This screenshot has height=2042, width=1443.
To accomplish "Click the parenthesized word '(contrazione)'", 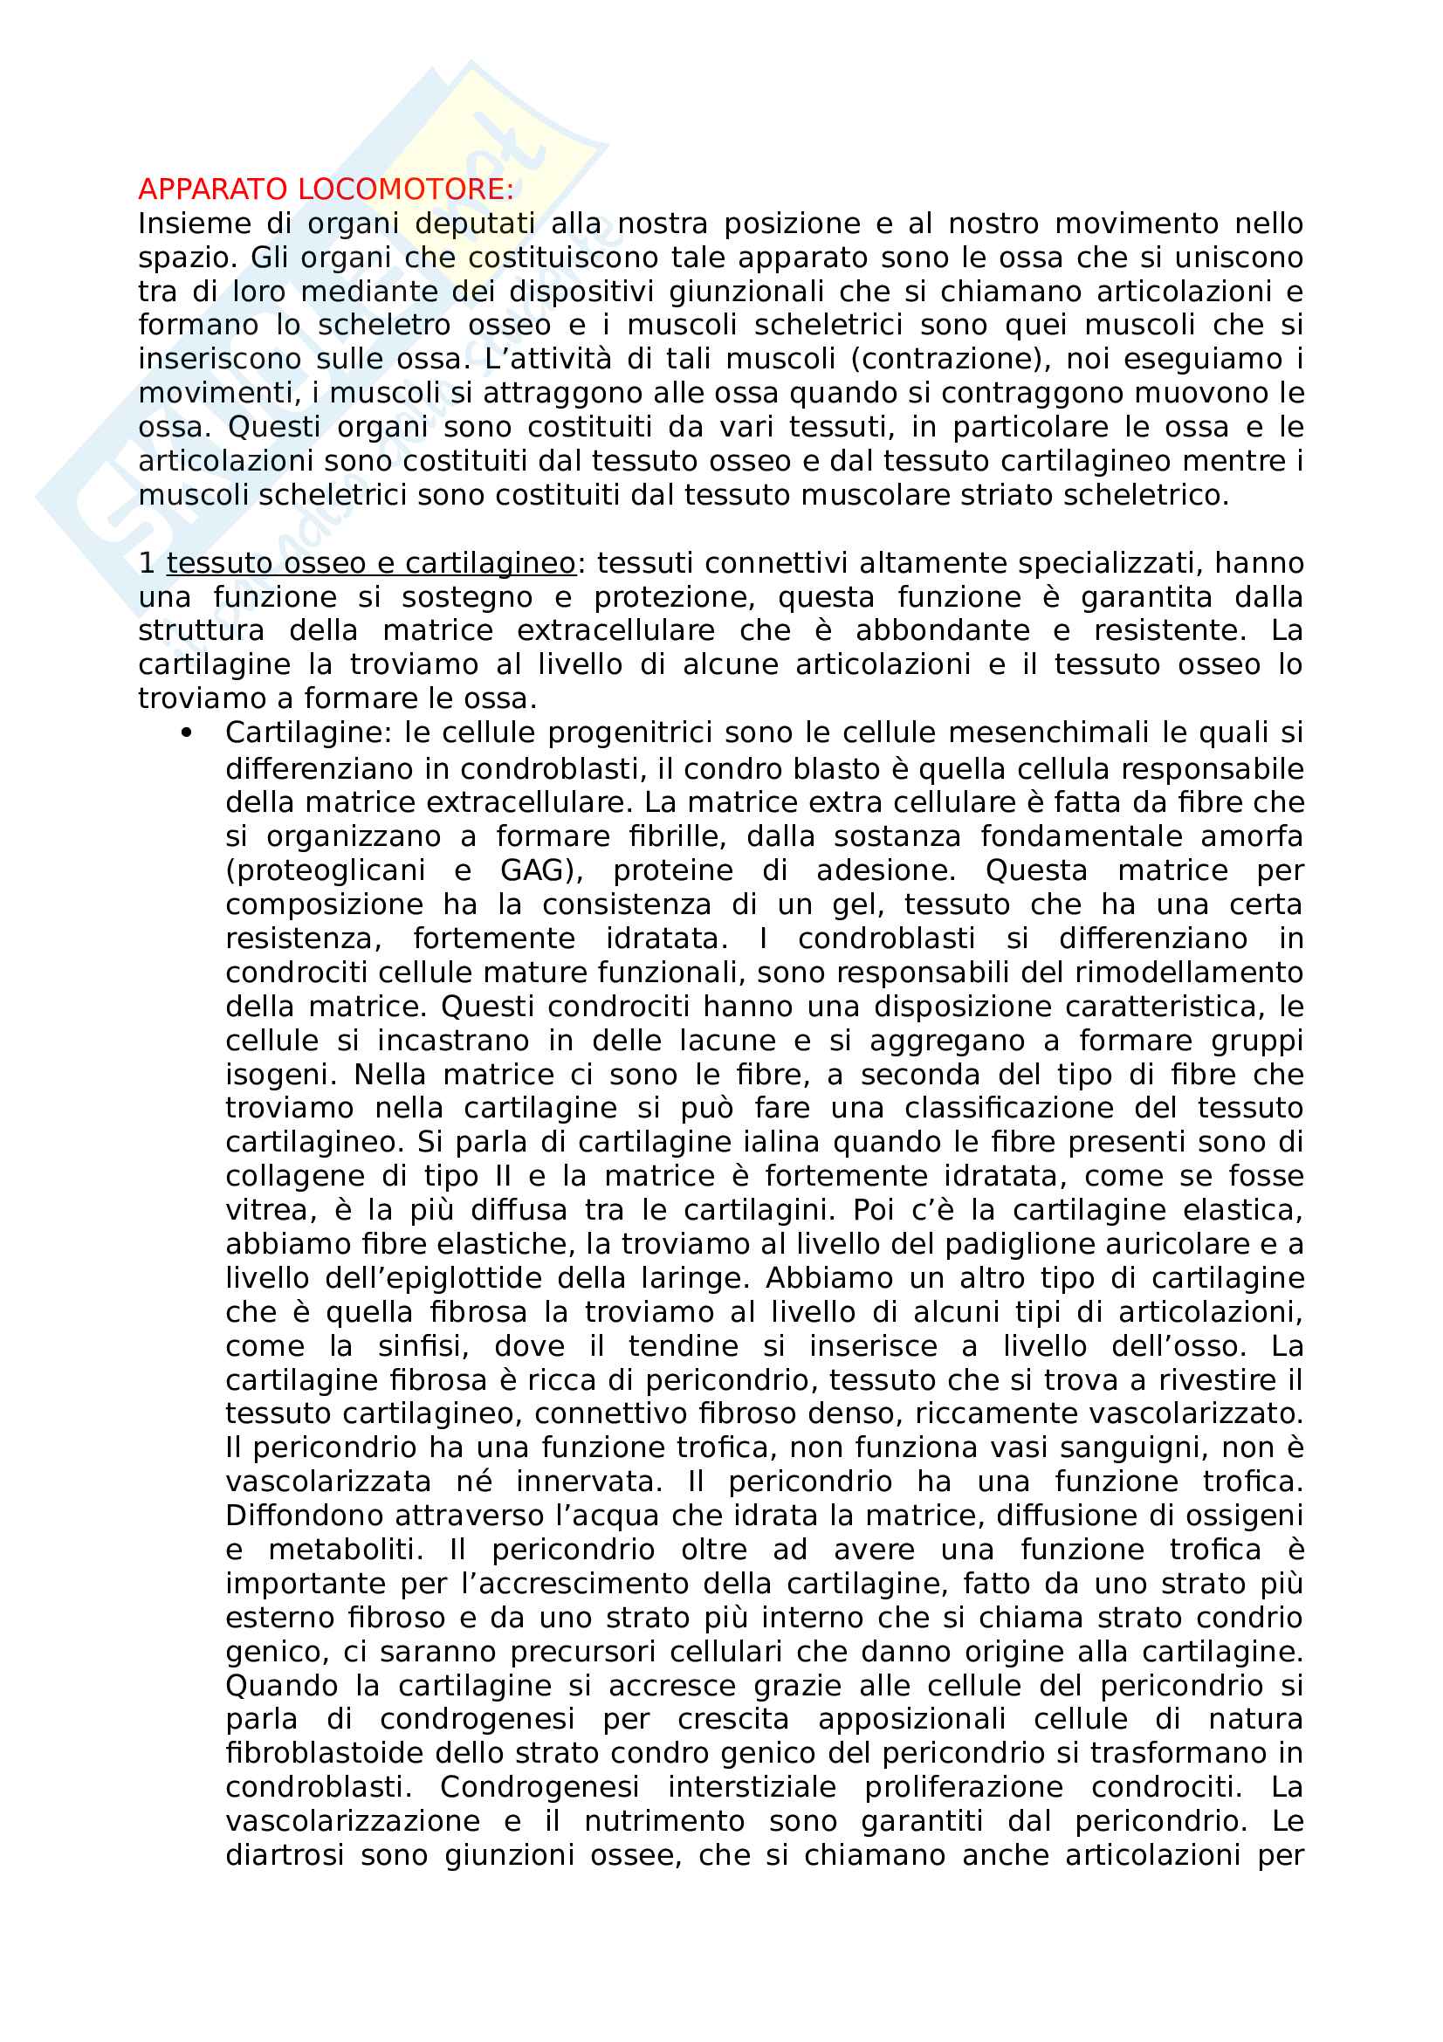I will click(949, 360).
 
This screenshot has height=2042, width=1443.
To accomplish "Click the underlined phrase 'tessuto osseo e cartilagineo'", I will click(371, 564).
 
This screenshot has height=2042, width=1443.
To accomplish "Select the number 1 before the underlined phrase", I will click(147, 564).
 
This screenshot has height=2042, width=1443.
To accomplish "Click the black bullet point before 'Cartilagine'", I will click(186, 732).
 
